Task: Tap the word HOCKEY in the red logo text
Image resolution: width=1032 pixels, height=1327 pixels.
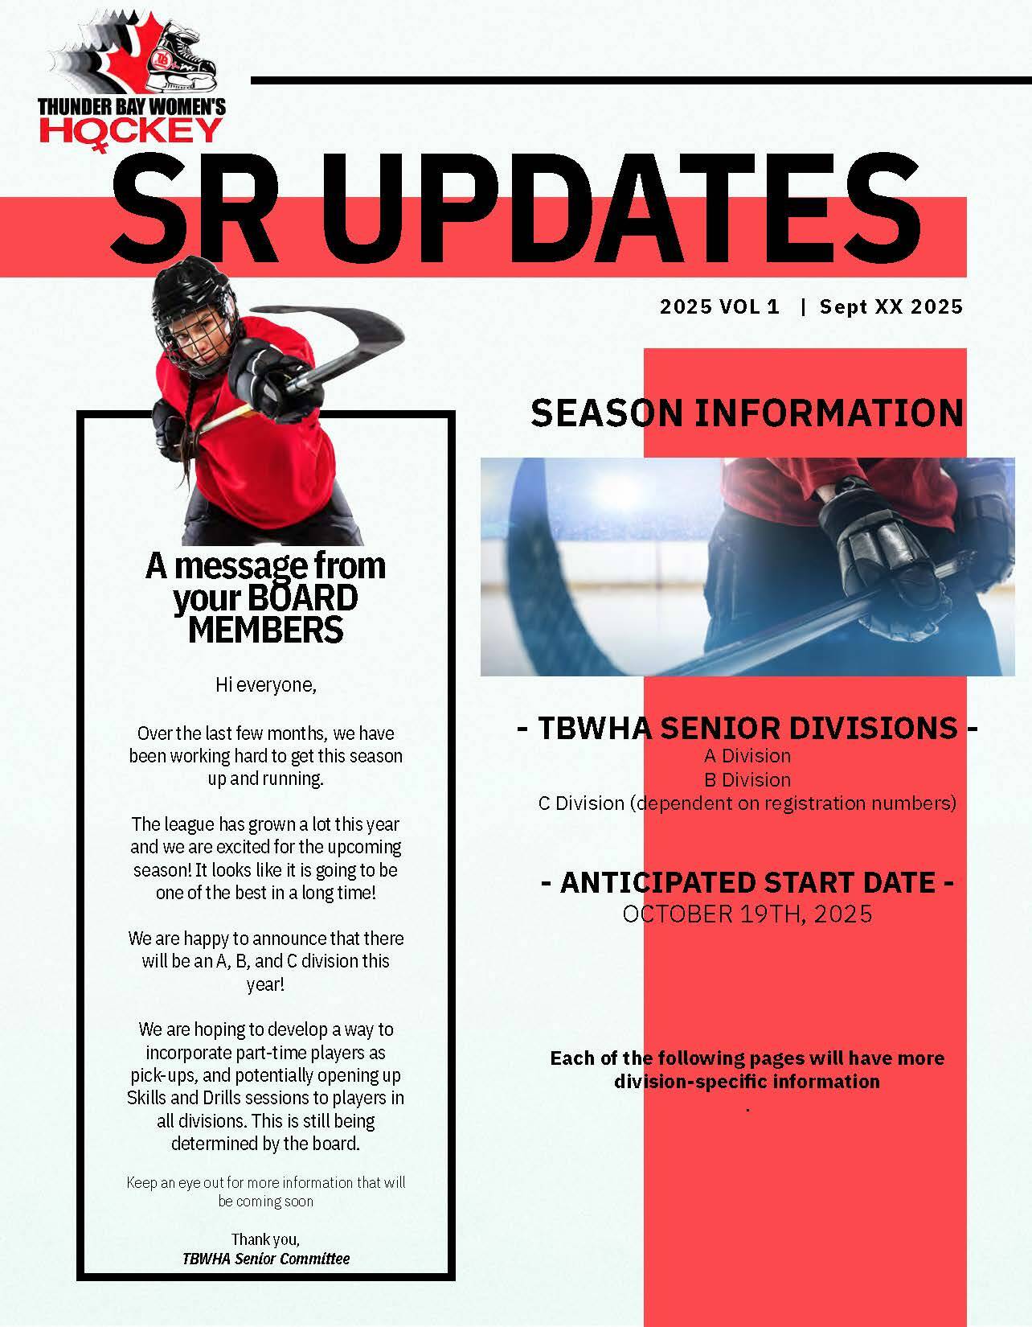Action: pyautogui.click(x=131, y=131)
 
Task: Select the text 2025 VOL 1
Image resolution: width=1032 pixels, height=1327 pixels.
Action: pyautogui.click(x=719, y=306)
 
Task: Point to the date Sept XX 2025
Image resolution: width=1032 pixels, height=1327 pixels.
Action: pyautogui.click(x=891, y=306)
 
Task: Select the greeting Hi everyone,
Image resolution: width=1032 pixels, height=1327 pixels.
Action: pyautogui.click(x=266, y=685)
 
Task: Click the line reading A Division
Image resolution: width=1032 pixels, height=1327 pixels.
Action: pyautogui.click(x=747, y=756)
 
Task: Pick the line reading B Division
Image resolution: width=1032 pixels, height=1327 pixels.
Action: pyautogui.click(x=747, y=780)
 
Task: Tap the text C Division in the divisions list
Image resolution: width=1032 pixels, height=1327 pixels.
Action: pyautogui.click(x=581, y=803)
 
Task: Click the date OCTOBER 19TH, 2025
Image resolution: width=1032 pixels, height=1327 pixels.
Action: pyautogui.click(x=747, y=914)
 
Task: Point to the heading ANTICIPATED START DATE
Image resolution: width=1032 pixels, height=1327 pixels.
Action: pyautogui.click(x=747, y=882)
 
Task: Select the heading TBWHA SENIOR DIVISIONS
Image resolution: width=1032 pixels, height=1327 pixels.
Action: pyautogui.click(x=747, y=728)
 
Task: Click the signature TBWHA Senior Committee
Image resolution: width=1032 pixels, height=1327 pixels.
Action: pyautogui.click(x=266, y=1259)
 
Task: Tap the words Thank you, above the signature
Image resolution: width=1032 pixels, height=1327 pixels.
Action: pyautogui.click(x=265, y=1239)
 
